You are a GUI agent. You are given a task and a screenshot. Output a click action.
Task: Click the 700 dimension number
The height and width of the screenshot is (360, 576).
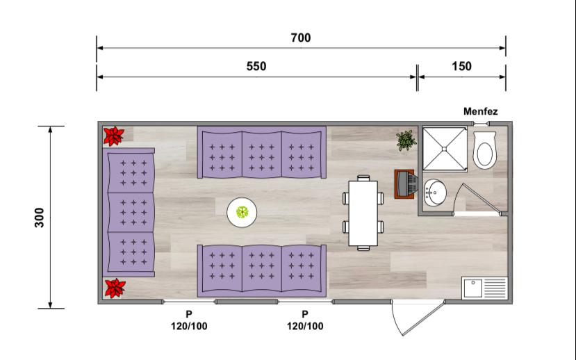tap(300, 38)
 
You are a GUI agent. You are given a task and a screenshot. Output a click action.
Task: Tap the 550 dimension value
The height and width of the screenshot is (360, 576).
tap(256, 67)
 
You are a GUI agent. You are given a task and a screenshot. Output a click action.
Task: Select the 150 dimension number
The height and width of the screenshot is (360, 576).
tap(461, 67)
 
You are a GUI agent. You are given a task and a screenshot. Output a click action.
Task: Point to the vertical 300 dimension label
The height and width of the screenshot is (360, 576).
tap(40, 218)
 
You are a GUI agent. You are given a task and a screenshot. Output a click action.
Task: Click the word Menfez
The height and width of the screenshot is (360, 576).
tap(481, 111)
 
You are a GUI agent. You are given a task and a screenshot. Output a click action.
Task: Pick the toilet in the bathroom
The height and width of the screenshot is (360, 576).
tap(484, 150)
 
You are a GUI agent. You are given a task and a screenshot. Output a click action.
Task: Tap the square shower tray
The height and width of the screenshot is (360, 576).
tap(445, 149)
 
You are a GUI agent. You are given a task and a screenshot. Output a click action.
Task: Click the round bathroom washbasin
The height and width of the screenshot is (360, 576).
tap(436, 193)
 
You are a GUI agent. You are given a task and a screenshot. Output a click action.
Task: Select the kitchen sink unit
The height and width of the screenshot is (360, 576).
tap(484, 288)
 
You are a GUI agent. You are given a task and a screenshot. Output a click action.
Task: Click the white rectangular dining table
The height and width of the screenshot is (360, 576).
tap(363, 213)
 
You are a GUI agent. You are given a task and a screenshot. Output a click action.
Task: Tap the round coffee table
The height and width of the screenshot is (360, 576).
tap(242, 213)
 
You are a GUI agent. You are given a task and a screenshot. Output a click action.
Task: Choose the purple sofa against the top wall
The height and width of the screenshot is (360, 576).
tap(261, 152)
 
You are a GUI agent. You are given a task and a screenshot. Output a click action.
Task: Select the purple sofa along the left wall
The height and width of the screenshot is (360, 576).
tap(129, 213)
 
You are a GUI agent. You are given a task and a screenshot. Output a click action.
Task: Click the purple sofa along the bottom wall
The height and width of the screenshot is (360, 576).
tap(261, 271)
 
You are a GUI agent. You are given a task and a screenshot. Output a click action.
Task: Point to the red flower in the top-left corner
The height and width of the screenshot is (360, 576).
tap(113, 136)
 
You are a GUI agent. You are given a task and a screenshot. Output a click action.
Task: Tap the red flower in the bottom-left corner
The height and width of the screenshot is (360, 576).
tap(115, 288)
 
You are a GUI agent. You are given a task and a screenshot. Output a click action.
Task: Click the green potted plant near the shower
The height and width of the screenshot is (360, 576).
tap(406, 140)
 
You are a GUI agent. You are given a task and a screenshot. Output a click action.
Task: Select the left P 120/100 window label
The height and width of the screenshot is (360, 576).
tap(189, 320)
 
